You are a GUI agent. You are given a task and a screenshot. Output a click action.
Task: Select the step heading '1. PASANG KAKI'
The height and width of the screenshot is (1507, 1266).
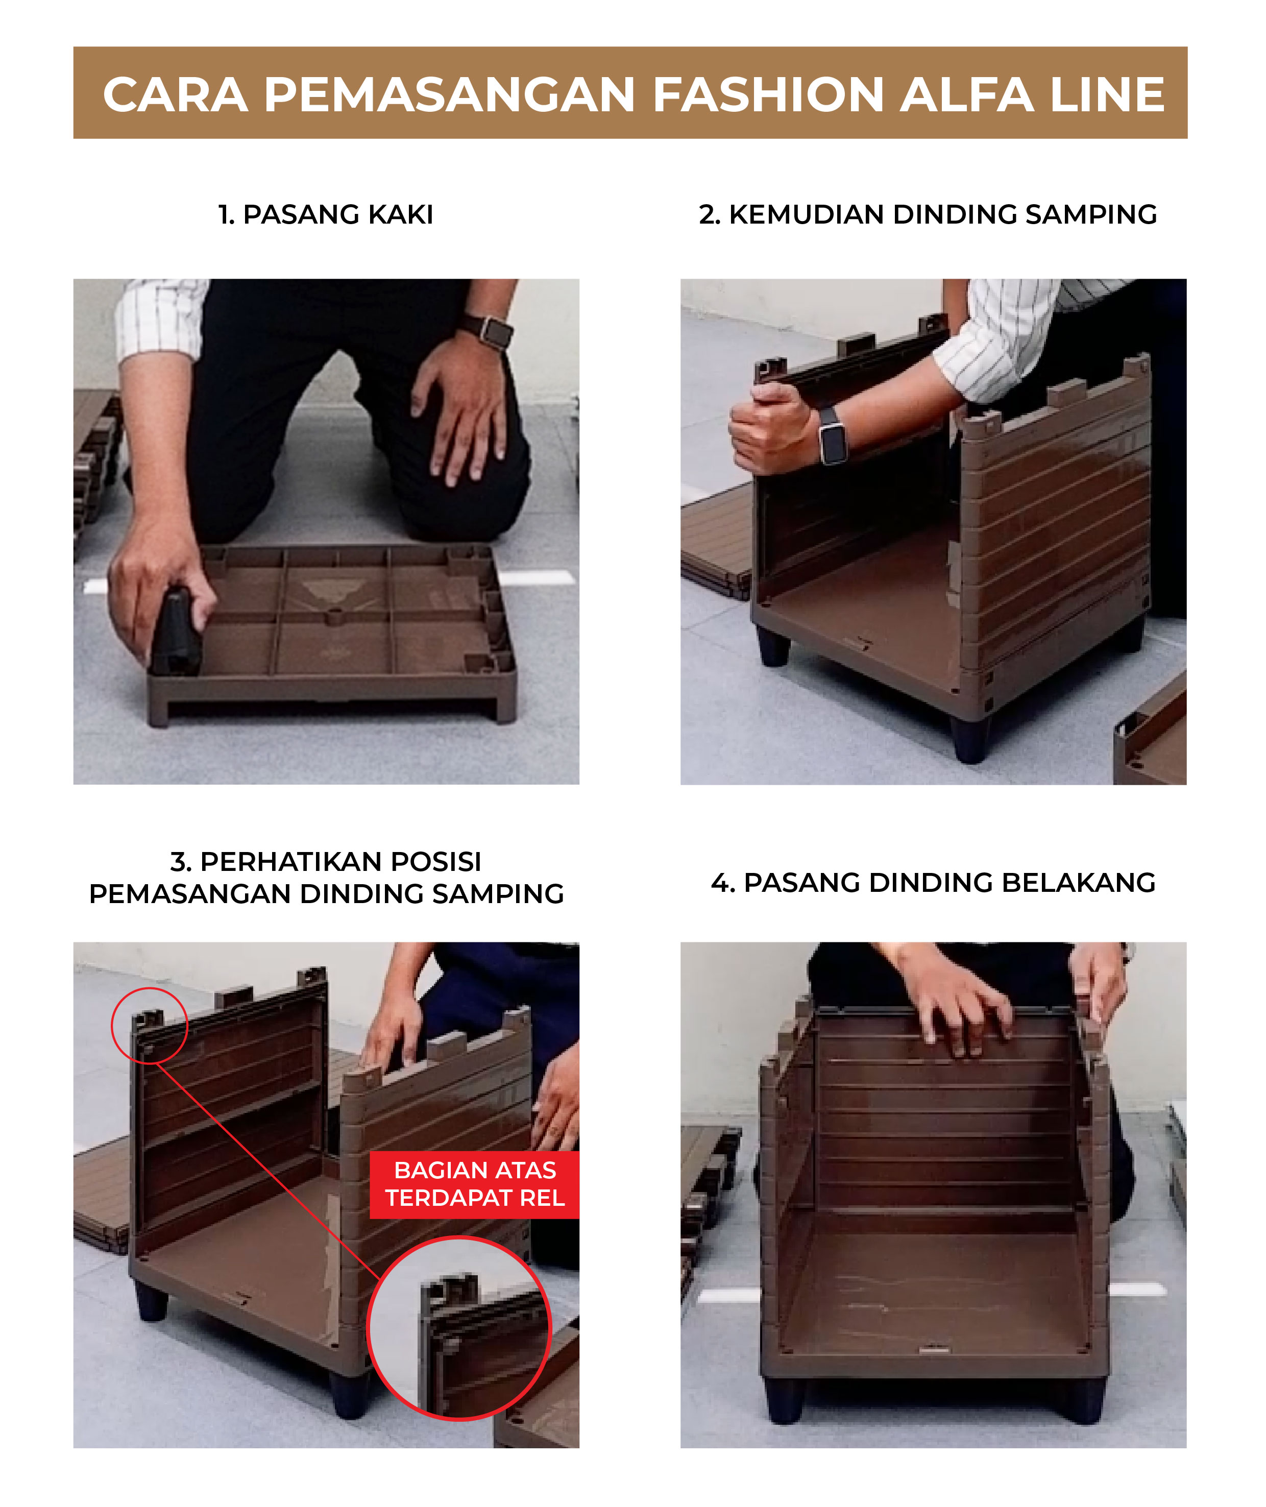pos(326,214)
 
